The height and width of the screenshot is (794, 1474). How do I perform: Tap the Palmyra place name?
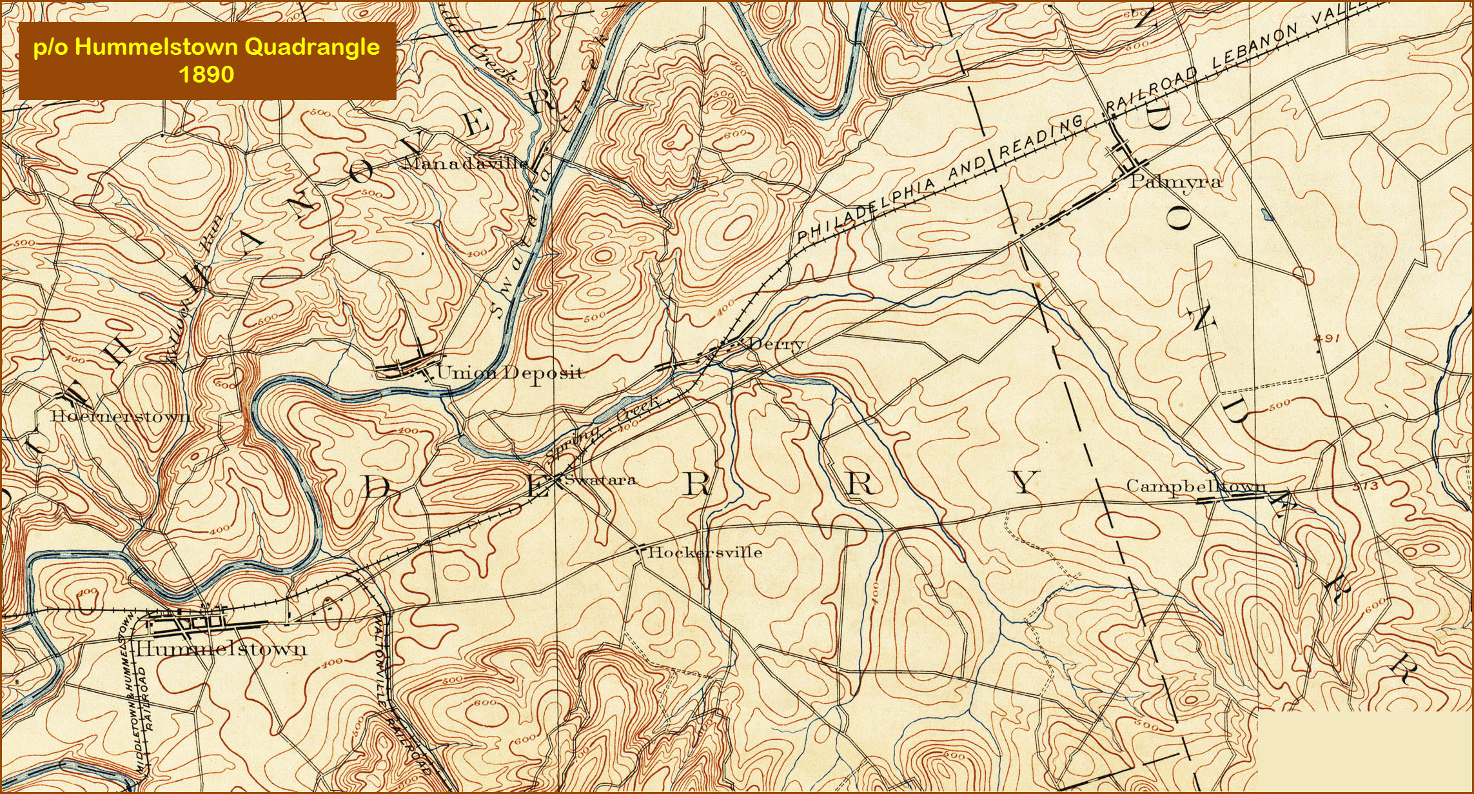[x=1175, y=182]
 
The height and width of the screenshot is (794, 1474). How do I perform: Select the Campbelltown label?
[x=1195, y=486]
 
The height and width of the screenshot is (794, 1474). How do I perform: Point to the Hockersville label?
[x=704, y=552]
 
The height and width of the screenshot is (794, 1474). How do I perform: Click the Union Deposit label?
[x=509, y=372]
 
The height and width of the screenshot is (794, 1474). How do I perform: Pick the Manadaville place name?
[x=465, y=163]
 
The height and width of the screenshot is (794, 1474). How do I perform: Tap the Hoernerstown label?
[x=121, y=415]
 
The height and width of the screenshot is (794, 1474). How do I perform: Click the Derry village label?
[x=777, y=343]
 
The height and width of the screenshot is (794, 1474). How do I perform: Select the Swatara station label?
[x=600, y=479]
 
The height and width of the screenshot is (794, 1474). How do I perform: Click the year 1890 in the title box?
[x=206, y=74]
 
